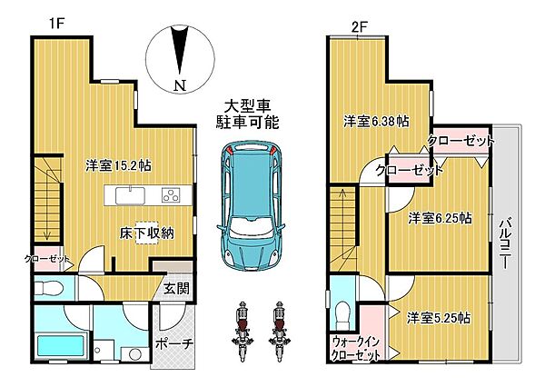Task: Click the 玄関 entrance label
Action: [x=176, y=290]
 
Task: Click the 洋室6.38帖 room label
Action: [x=374, y=121]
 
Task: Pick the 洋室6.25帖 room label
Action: [x=439, y=218]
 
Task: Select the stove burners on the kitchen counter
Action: [x=170, y=194]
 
